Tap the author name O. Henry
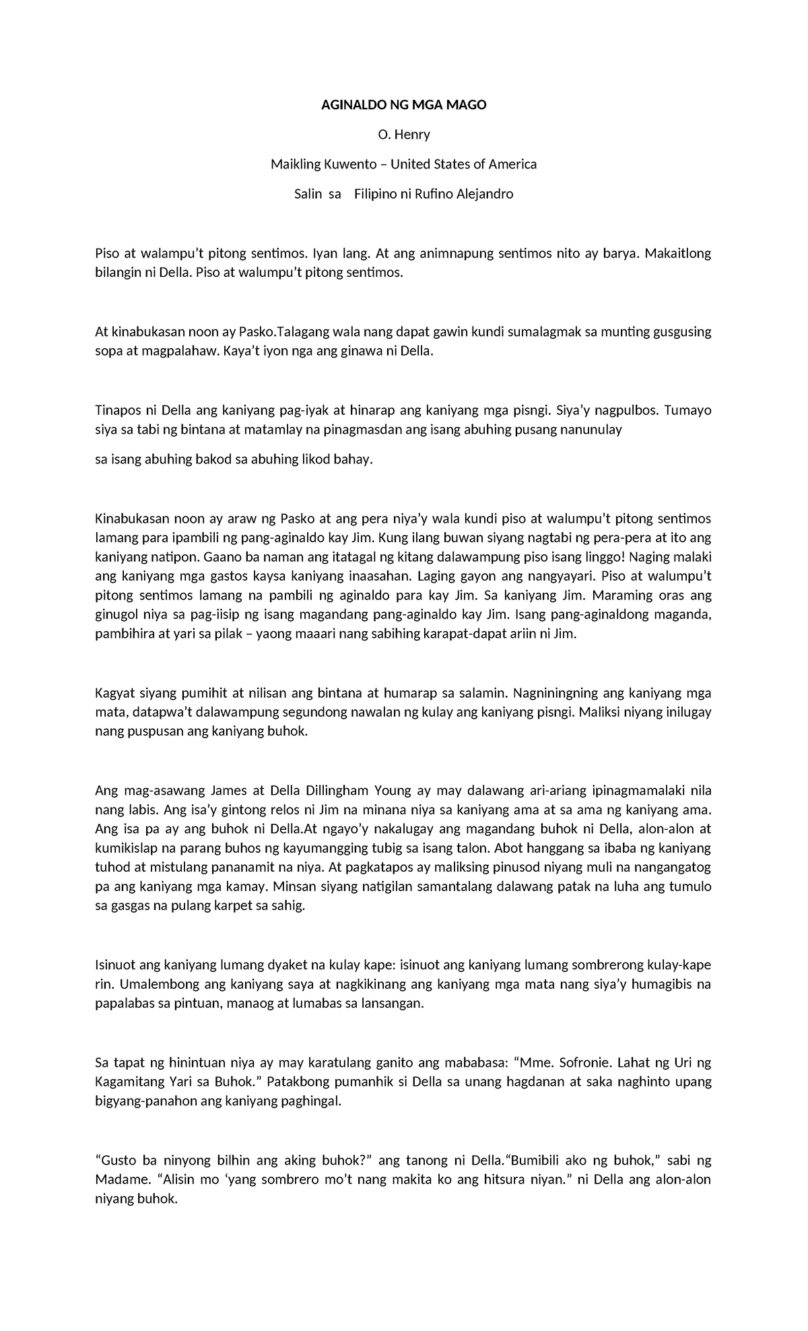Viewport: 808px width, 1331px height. pos(404,135)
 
